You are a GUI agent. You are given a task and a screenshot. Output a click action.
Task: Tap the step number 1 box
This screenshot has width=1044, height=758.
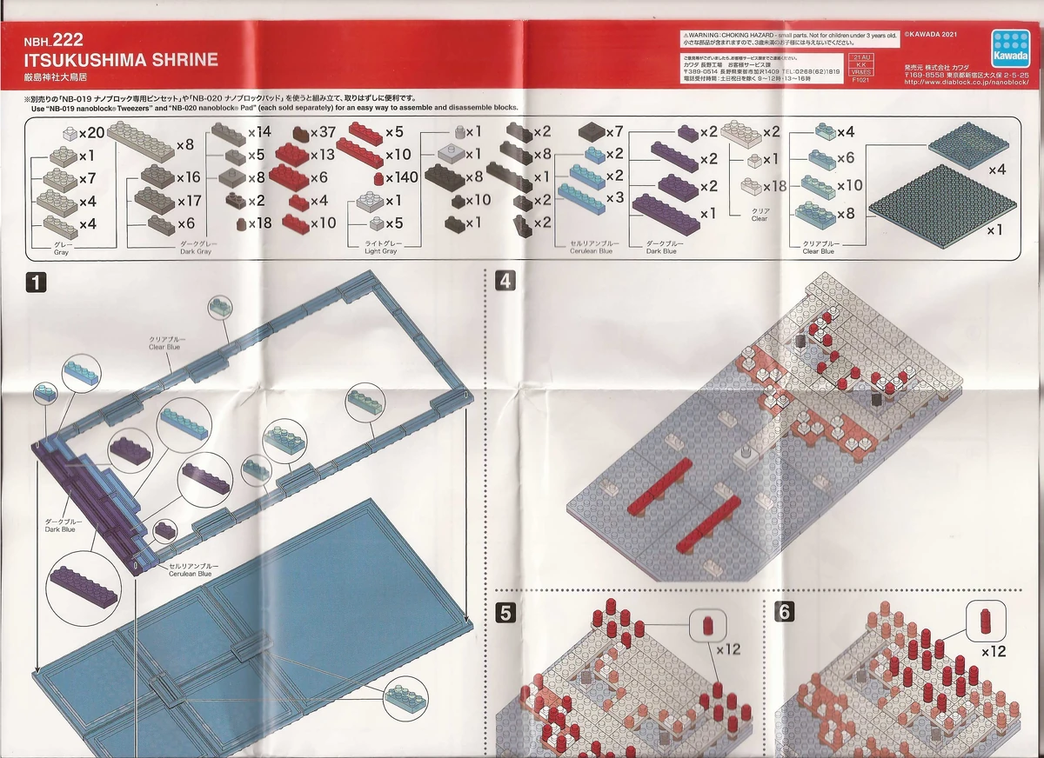tap(35, 282)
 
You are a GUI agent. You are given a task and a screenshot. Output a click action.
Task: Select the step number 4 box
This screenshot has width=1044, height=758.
tap(505, 280)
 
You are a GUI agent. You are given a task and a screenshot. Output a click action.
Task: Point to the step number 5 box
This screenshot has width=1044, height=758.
tap(505, 612)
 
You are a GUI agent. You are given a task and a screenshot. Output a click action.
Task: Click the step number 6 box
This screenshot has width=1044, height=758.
tap(784, 612)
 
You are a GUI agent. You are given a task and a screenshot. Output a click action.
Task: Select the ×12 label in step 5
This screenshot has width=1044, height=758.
tap(727, 648)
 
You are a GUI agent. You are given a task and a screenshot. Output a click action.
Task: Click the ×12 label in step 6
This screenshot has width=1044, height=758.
tap(994, 651)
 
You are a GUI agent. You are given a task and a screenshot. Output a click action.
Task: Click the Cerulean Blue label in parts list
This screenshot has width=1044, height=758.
tap(592, 248)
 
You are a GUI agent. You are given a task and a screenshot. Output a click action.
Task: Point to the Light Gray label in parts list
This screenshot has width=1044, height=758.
tap(381, 248)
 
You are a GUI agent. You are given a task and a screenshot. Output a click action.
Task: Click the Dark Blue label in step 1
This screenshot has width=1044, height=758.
tap(63, 524)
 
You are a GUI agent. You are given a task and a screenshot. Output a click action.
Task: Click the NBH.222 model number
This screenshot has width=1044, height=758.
tap(54, 40)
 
